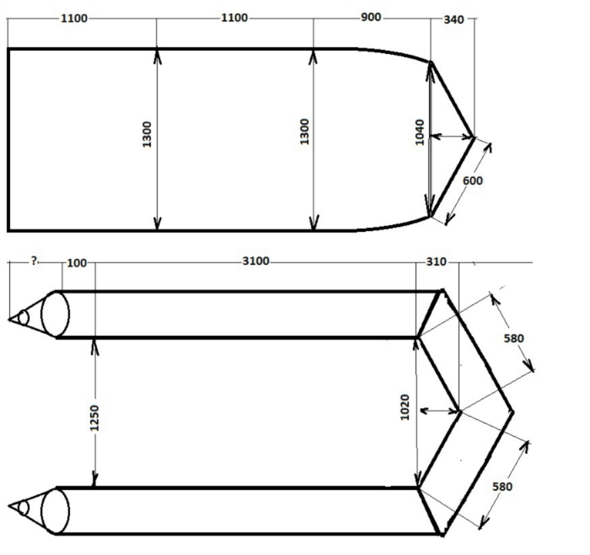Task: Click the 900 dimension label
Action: (x=371, y=18)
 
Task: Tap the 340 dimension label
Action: (x=453, y=19)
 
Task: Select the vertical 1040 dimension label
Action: (x=420, y=132)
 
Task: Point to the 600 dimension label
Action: (x=473, y=181)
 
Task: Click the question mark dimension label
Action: (x=35, y=261)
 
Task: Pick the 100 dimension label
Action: (x=77, y=263)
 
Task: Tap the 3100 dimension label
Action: (x=256, y=261)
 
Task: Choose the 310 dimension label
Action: (x=436, y=261)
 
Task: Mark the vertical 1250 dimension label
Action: (x=94, y=418)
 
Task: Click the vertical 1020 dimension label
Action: (x=405, y=407)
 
